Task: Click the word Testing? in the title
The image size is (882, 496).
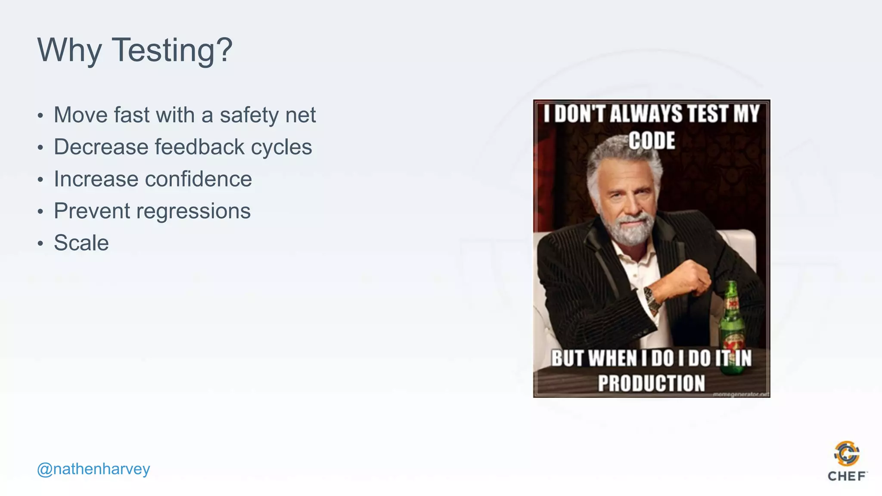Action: [x=172, y=50]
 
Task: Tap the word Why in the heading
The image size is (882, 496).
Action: [x=69, y=50]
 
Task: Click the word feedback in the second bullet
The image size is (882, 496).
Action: [x=199, y=147]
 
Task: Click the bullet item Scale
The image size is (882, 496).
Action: [x=81, y=243]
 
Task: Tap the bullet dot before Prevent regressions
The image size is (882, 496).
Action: [x=40, y=212]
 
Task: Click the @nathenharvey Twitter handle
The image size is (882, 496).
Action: [x=93, y=469]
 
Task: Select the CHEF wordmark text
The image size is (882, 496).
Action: [x=847, y=476]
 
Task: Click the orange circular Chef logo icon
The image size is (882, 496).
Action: [x=847, y=453]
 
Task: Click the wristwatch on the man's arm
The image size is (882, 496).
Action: [x=652, y=300]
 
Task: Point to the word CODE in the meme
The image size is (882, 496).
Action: [x=652, y=141]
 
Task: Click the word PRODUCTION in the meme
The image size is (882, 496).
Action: [x=651, y=383]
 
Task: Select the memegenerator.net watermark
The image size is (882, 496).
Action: [x=741, y=394]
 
